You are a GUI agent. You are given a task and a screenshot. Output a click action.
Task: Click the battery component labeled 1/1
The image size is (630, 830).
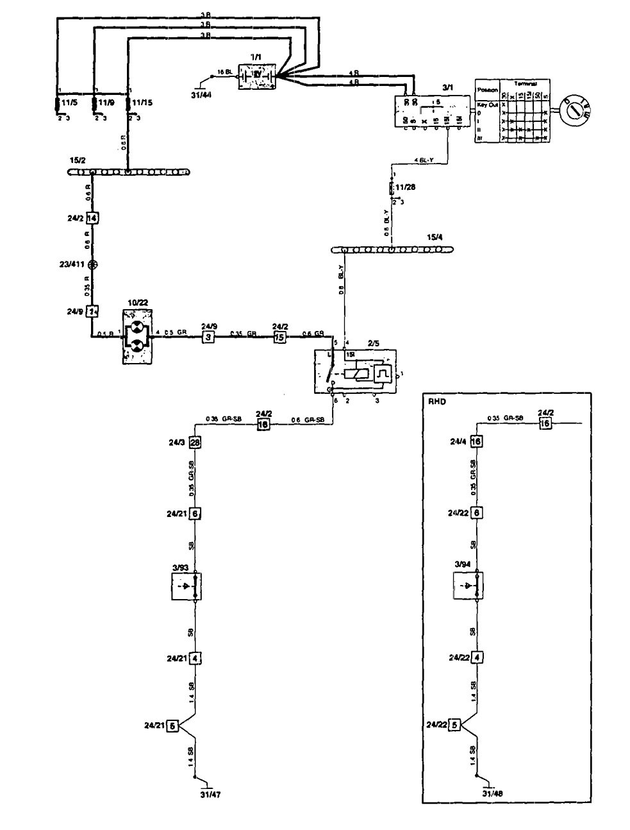tap(256, 76)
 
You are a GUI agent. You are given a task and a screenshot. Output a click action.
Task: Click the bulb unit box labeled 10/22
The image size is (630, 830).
tap(137, 337)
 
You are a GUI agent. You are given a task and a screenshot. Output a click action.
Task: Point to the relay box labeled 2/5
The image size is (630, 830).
tap(354, 371)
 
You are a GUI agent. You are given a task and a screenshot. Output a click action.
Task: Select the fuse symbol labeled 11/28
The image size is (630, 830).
tap(392, 189)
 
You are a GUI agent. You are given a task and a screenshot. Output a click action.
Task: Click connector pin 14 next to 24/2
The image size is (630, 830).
tap(92, 217)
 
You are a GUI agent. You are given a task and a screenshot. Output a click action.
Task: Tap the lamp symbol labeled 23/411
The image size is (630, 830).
tap(93, 264)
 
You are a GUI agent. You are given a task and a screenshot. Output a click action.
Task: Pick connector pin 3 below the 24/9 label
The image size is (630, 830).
tap(208, 337)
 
